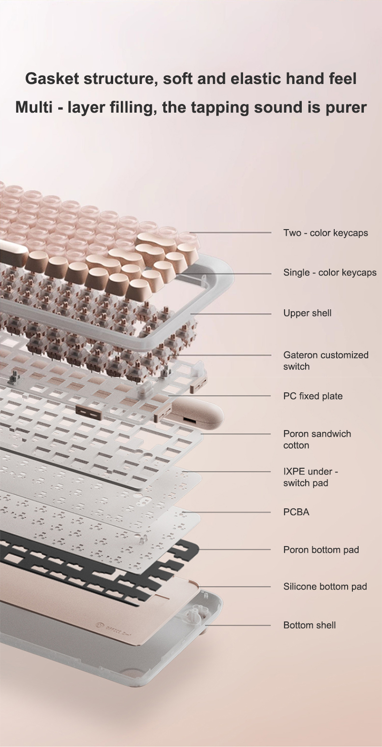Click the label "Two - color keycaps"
326,233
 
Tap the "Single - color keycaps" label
330,273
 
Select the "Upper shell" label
307,313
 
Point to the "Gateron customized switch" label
326,360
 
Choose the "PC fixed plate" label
313,396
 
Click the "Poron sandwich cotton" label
317,440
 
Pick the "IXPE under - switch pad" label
310,477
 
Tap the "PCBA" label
296,512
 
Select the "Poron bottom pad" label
321,549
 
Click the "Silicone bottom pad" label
325,586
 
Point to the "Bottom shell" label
309,625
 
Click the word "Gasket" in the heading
52,79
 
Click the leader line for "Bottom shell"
237,625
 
